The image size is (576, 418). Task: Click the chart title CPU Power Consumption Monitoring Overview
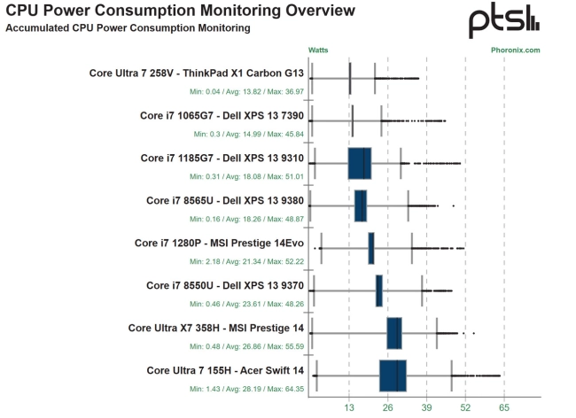pyautogui.click(x=180, y=12)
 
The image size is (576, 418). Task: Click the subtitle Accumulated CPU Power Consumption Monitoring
pyautogui.click(x=128, y=28)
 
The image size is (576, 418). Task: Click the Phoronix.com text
pyautogui.click(x=515, y=50)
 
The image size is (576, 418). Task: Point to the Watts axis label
pyautogui.click(x=319, y=50)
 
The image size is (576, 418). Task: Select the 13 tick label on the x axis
pyautogui.click(x=349, y=407)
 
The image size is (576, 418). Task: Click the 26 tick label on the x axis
pyautogui.click(x=388, y=407)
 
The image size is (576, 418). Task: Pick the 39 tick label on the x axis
pyautogui.click(x=427, y=407)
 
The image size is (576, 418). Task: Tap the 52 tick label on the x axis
pyautogui.click(x=465, y=407)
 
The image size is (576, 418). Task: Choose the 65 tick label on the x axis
pyautogui.click(x=504, y=407)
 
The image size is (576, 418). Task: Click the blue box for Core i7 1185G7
pyautogui.click(x=360, y=164)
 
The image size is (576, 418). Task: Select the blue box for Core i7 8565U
pyautogui.click(x=361, y=205)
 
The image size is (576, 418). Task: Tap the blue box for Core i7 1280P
pyautogui.click(x=371, y=248)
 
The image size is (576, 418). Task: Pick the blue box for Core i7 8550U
pyautogui.click(x=379, y=290)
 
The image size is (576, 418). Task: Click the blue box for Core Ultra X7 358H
pyautogui.click(x=394, y=333)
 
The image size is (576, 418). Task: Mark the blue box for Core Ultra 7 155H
pyautogui.click(x=393, y=375)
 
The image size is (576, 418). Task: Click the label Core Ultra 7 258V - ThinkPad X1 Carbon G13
pyautogui.click(x=197, y=73)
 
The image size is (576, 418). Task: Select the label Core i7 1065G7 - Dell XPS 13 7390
pyautogui.click(x=222, y=115)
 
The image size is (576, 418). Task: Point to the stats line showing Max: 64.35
pyautogui.click(x=247, y=388)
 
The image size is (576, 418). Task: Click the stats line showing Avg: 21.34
pyautogui.click(x=247, y=260)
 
